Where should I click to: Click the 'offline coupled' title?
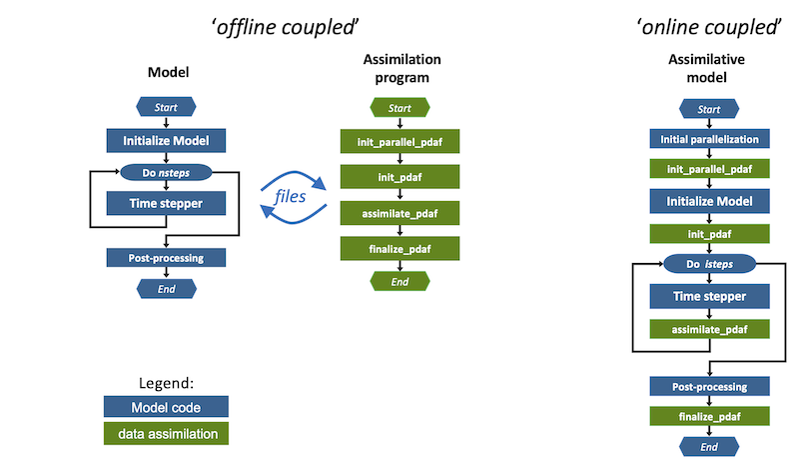tap(285, 27)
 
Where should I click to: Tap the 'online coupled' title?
tap(709, 27)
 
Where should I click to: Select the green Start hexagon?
tap(399, 108)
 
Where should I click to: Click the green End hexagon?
tap(399, 281)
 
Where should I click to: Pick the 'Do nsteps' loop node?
tap(166, 172)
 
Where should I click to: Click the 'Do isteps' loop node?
tap(709, 264)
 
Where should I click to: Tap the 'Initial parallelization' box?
tap(709, 139)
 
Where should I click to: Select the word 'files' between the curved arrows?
tap(290, 196)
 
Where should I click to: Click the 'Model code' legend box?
tap(166, 407)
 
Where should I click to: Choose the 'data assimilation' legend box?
tap(166, 433)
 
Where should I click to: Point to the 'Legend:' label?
tap(166, 383)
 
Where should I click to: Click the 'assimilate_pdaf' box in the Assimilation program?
tap(399, 213)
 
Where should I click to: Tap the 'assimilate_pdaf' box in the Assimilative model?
tap(709, 329)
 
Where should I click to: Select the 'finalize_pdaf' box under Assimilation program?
tap(399, 249)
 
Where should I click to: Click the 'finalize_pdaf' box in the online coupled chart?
tap(709, 416)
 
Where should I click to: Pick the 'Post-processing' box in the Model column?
tap(166, 258)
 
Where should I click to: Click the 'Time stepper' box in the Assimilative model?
tap(709, 296)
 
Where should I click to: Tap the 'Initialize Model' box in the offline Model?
tap(166, 140)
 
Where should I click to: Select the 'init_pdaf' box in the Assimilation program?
tap(399, 177)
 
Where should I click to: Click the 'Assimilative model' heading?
tap(706, 68)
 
